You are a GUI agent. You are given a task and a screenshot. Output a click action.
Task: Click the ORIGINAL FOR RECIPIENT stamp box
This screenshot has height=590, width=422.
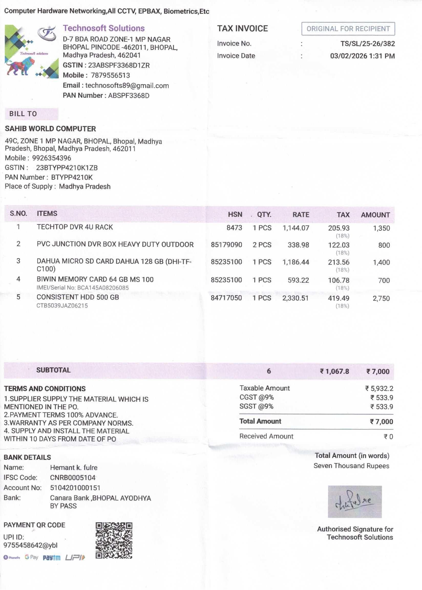[348, 29]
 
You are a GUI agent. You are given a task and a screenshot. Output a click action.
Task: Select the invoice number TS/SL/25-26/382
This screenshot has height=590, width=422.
[367, 43]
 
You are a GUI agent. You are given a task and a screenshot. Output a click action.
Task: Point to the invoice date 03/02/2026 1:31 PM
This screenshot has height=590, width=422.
[362, 56]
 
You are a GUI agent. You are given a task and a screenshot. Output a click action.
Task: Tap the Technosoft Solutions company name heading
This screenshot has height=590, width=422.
[104, 28]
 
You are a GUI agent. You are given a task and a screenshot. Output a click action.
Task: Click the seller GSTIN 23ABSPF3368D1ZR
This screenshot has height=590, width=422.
[119, 65]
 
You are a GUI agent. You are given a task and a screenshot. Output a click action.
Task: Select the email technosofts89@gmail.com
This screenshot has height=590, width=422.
[127, 86]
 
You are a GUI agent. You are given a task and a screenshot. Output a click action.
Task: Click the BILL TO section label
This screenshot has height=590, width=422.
[23, 114]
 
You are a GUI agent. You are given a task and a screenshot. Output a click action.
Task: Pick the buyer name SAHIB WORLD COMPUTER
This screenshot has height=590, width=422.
[50, 129]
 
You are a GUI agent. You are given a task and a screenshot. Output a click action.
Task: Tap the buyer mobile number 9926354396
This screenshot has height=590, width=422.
[51, 158]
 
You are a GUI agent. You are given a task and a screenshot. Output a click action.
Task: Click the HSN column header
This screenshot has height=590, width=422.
[235, 214]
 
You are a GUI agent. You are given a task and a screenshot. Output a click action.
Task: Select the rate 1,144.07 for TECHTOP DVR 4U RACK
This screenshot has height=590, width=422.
[296, 228]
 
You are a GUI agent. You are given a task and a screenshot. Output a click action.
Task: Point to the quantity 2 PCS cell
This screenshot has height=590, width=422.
[262, 245]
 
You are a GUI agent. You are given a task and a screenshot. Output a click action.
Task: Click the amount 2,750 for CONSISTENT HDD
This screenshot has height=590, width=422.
[381, 298]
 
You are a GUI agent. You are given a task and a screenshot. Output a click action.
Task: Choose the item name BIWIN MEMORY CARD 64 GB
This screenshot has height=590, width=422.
[95, 279]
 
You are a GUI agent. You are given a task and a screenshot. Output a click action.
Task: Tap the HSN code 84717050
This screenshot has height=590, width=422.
[226, 298]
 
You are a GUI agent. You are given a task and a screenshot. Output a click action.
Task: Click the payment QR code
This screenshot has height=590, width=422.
[114, 540]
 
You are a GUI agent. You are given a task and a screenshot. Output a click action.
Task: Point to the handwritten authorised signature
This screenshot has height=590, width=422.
[355, 501]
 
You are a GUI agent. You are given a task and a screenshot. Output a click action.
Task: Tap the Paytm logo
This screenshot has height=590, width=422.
[51, 558]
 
